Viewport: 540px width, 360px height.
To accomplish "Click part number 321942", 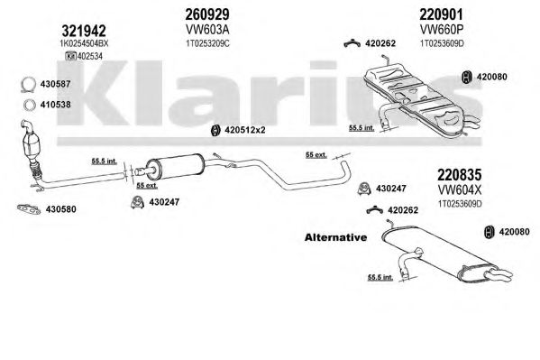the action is coord(84,31).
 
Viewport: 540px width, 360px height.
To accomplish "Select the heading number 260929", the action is coord(207,14).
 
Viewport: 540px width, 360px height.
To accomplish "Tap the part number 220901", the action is coord(441,14).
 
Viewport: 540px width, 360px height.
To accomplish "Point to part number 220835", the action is coord(460,175).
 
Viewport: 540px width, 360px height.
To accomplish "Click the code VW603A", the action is coord(207,30).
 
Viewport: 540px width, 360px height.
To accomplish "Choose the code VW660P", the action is coord(441,30).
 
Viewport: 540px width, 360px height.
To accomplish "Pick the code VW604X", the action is coord(460,189).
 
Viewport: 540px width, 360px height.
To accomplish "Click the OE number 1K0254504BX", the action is coord(85,43).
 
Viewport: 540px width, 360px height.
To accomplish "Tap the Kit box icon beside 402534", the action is coord(70,56).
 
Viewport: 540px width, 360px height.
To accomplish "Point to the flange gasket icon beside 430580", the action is coord(29,208).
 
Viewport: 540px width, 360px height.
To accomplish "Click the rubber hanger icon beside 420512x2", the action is coord(215,130).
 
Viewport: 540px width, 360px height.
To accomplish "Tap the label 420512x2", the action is coord(245,130).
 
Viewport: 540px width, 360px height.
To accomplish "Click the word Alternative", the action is coord(335,237).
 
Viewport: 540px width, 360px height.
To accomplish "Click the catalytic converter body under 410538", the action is coord(31,145).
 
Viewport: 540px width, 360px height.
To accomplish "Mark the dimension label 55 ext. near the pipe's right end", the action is coord(316,155).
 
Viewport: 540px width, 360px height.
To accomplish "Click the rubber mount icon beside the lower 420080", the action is coord(489,232).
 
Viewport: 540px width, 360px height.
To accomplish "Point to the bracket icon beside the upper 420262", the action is coord(352,44).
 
